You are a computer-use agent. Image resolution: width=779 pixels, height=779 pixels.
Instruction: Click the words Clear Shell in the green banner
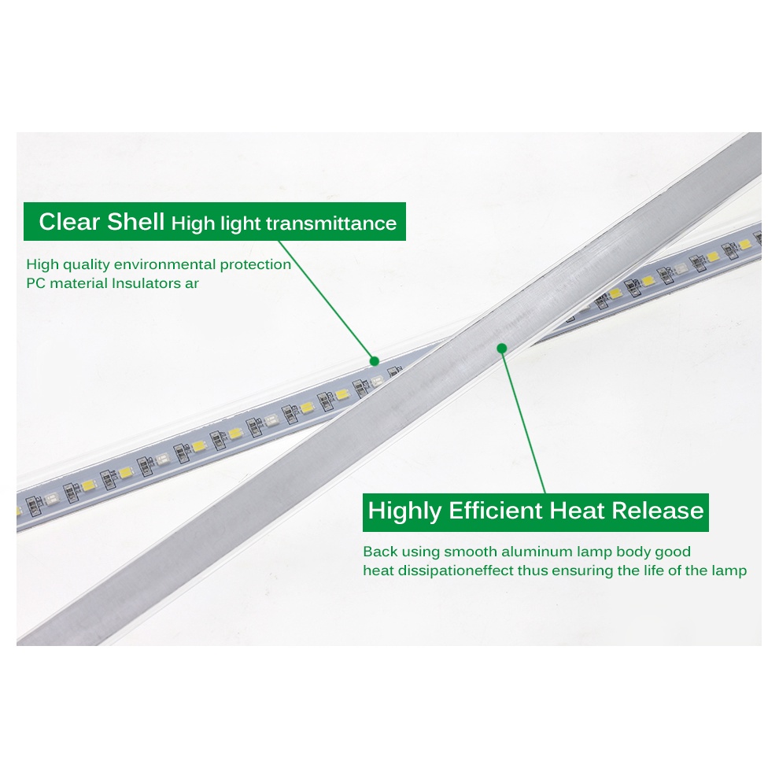point(102,222)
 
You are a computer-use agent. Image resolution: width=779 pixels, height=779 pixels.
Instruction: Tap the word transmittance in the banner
point(330,223)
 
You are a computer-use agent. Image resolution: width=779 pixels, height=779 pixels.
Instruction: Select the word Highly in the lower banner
point(404,511)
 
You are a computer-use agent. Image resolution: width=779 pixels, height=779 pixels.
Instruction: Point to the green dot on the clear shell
point(375,361)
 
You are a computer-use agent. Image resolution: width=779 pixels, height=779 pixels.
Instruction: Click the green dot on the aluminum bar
point(502,349)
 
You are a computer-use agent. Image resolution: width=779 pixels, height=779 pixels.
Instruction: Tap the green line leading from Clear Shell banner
point(327,301)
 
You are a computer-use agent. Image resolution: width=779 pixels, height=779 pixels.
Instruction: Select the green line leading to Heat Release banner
point(523,421)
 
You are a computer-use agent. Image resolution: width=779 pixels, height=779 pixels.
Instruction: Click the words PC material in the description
point(67,283)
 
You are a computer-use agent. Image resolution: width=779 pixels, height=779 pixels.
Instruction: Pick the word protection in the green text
point(256,265)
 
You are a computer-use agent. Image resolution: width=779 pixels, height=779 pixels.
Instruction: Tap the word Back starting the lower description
point(380,552)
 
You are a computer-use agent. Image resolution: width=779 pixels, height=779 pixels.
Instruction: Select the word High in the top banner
point(194,224)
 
